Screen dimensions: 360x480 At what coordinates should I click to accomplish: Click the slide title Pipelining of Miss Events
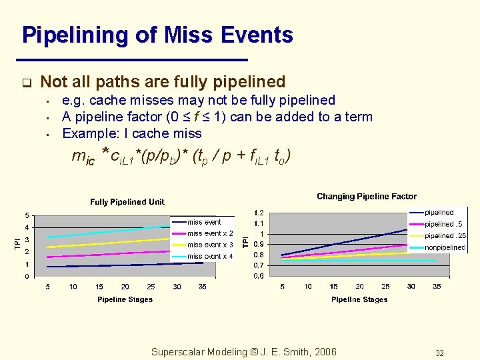pos(157,35)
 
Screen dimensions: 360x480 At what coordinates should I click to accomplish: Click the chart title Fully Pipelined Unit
pos(127,202)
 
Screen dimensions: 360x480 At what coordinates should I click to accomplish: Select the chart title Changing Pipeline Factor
pos(367,197)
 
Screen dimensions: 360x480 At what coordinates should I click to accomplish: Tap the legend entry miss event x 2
pos(210,234)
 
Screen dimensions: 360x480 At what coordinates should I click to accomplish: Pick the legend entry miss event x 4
pos(210,257)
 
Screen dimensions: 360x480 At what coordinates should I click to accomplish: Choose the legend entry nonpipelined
pos(445,247)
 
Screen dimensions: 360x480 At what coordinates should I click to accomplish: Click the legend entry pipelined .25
pos(445,236)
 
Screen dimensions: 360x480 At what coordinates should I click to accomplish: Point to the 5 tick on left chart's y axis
pos(27,215)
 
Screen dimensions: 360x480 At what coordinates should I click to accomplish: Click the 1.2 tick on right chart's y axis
pos(258,213)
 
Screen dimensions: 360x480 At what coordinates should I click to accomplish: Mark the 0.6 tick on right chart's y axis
pos(258,276)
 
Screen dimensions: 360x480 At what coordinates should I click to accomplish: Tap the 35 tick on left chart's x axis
pos(203,287)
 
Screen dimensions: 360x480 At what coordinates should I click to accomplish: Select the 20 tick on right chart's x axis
pos(360,287)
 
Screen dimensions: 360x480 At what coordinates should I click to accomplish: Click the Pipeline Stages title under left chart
pos(125,300)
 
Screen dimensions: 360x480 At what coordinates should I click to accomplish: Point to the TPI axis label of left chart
pos(18,245)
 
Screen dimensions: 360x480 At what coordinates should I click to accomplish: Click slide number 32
pos(439,353)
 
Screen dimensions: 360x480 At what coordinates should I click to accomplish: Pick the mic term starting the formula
pos(83,158)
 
